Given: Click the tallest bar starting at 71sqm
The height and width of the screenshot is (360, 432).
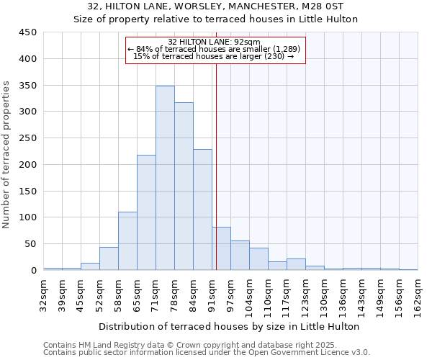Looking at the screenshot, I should (165, 178).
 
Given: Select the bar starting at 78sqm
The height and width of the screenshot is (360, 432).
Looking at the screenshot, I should (184, 186).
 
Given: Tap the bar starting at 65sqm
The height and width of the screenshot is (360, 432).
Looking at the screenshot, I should (146, 212).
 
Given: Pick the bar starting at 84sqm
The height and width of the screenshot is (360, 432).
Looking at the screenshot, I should (202, 210).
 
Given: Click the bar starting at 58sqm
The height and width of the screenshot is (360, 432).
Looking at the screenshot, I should (127, 240).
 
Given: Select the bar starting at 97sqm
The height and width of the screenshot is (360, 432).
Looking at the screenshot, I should (240, 255).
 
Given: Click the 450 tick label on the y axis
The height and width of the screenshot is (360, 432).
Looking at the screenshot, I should (28, 32).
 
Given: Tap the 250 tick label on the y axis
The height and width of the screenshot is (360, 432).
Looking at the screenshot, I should (28, 138).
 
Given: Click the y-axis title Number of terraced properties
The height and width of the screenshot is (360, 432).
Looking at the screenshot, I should (7, 155).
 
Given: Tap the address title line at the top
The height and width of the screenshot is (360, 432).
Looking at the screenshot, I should (216, 6).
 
